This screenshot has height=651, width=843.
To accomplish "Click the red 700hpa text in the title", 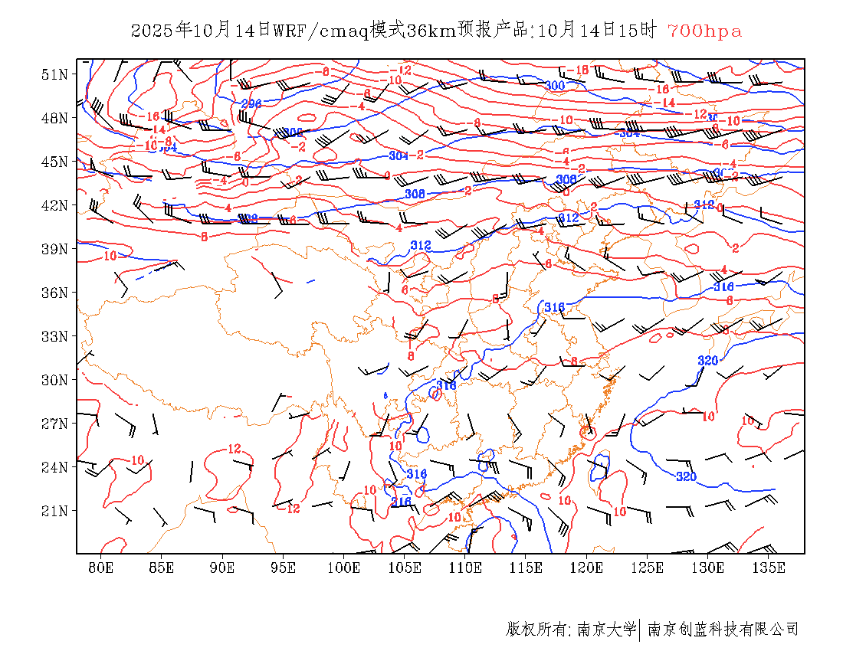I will [x=704, y=31].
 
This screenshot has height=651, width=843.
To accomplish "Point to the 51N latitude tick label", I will [x=54, y=74].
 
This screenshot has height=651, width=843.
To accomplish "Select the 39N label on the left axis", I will [x=54, y=249].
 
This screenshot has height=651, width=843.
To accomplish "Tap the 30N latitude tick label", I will [x=54, y=380].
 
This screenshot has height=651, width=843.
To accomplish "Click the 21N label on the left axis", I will [x=54, y=511].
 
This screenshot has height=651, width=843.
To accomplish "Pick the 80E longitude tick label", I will [x=101, y=568].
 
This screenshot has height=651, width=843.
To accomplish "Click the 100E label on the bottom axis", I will [x=343, y=568].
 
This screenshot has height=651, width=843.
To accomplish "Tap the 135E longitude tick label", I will [x=769, y=568].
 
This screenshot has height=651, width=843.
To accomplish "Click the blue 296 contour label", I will [x=251, y=103].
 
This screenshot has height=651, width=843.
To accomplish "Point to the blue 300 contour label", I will [x=555, y=86].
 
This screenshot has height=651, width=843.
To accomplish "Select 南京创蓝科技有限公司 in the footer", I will [x=723, y=630].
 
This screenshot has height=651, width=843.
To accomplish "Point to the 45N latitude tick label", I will [x=54, y=162].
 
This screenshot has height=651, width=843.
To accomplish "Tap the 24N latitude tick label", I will [x=54, y=467].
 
